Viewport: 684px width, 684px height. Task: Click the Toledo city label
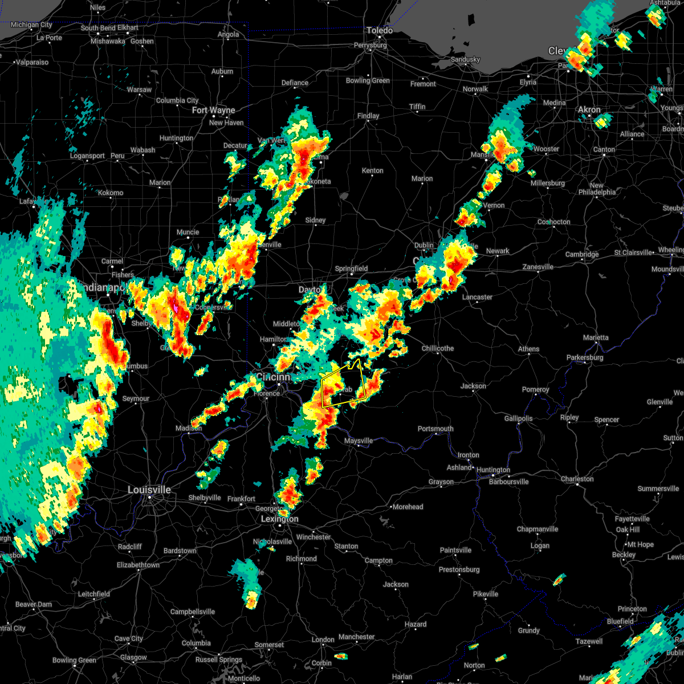380,30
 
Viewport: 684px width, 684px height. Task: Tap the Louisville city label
149,490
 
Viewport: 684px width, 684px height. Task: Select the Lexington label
279,519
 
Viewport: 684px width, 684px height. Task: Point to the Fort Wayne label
214,111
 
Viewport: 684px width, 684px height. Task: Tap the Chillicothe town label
438,348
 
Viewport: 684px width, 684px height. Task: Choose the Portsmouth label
435,429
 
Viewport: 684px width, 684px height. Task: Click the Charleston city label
577,479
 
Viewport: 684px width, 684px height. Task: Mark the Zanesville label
538,267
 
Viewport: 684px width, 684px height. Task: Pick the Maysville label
359,441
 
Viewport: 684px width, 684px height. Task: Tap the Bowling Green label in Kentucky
74,661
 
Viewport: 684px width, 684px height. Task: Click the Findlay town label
368,116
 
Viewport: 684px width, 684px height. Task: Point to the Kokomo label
110,193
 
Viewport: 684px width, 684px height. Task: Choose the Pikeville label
486,594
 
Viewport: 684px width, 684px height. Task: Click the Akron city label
589,110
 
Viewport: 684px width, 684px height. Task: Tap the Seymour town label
136,398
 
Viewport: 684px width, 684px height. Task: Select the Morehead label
408,507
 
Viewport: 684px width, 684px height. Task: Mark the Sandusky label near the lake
465,59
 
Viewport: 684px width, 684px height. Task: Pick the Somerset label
269,645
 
